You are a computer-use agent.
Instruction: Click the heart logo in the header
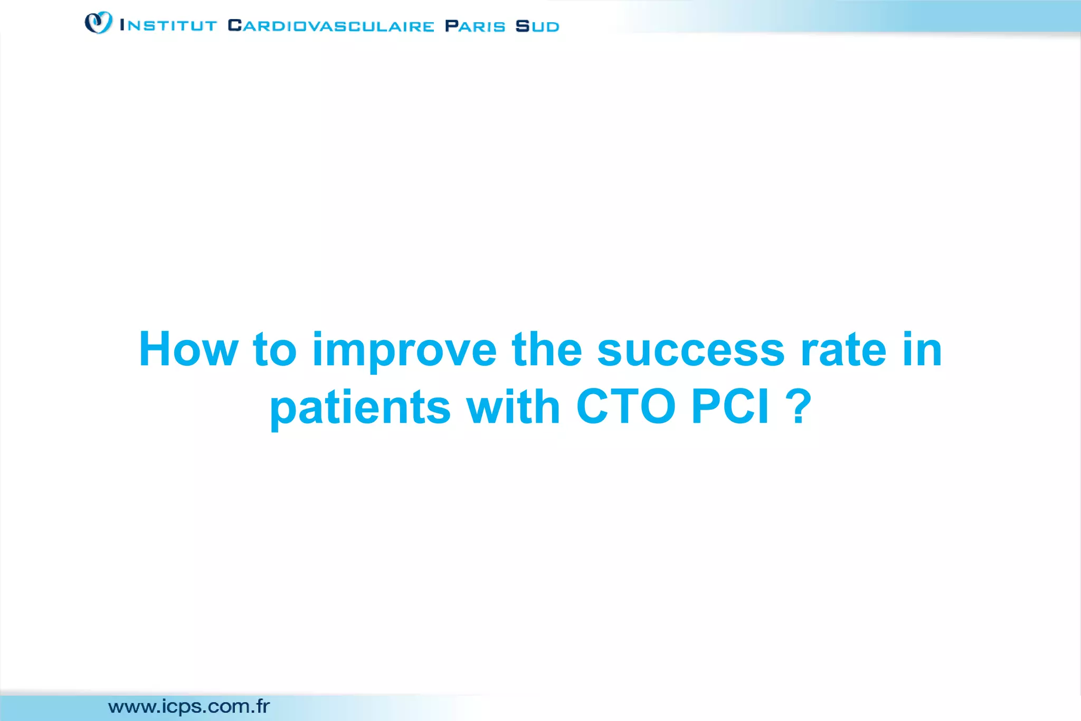[x=99, y=23]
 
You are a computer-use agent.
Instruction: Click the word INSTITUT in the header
[x=168, y=26]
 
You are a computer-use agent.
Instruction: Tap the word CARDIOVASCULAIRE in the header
[x=331, y=26]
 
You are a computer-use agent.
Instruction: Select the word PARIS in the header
[x=475, y=26]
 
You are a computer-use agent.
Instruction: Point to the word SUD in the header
[x=537, y=26]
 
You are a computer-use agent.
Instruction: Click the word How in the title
[x=188, y=349]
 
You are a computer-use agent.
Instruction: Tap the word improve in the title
[x=404, y=350]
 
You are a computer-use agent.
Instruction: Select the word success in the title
[x=691, y=350]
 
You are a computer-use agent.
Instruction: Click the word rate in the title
[x=843, y=350]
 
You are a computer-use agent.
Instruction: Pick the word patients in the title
[x=360, y=408]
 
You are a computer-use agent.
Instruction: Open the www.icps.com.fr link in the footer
[x=188, y=706]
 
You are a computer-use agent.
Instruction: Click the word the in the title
[x=546, y=349]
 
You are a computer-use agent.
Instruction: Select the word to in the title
[x=274, y=350]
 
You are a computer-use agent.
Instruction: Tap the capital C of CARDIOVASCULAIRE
[x=234, y=25]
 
